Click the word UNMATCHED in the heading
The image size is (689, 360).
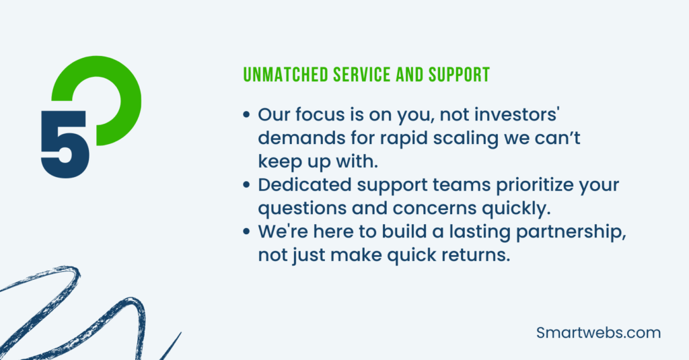coord(285,75)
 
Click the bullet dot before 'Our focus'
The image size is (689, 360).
coord(246,114)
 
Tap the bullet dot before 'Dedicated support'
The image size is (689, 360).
coord(246,185)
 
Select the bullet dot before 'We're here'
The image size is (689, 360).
coord(246,231)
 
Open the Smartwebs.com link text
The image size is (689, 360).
coord(598,332)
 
